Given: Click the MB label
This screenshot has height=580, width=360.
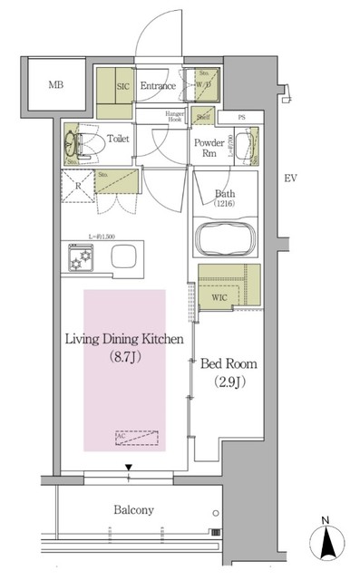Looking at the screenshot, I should (x=54, y=85).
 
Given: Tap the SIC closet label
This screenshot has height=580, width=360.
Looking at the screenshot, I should (x=123, y=85).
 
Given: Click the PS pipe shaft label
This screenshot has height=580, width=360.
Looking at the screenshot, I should (x=241, y=117).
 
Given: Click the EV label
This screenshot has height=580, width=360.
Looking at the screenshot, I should (x=290, y=179).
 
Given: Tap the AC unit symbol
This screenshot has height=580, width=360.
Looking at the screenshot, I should (x=136, y=436).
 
